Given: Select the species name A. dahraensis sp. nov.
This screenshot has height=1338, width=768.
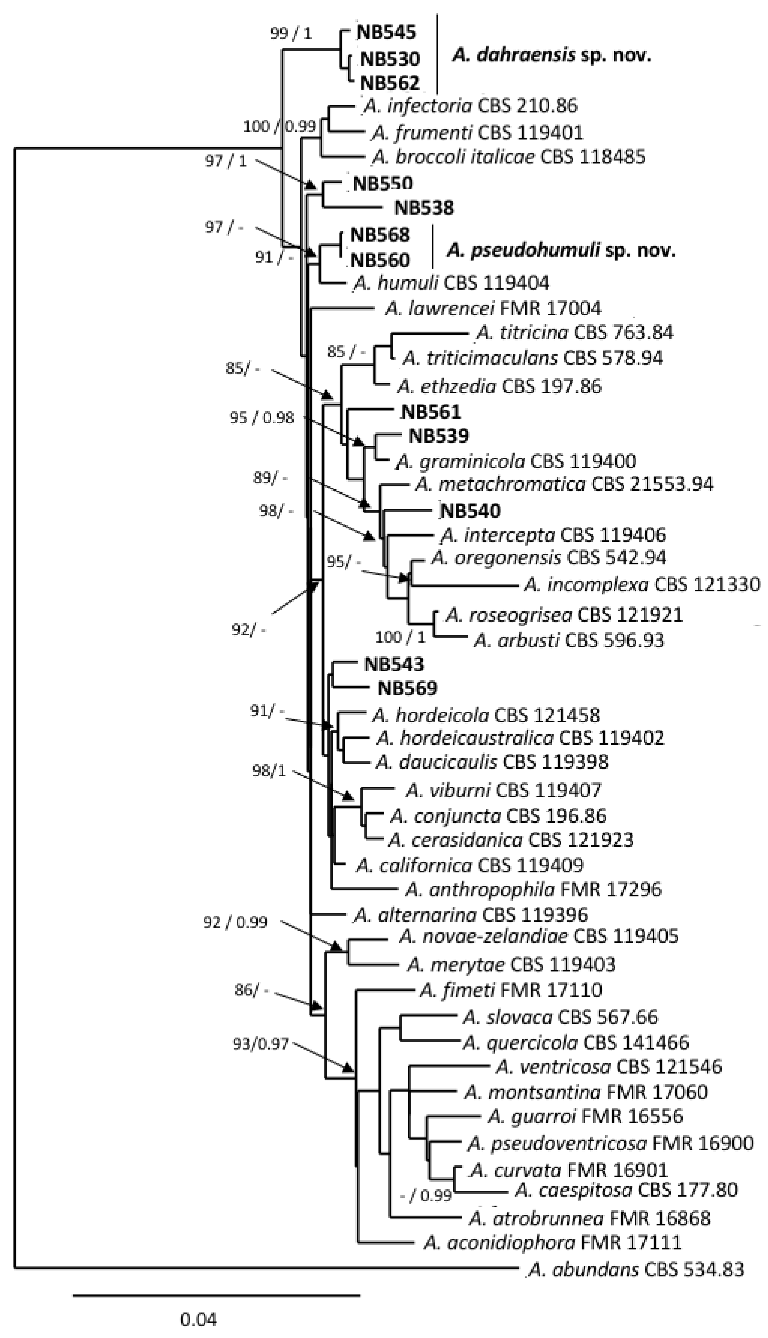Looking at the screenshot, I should [551, 55].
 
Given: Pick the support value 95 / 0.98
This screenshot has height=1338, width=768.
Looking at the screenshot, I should [262, 418].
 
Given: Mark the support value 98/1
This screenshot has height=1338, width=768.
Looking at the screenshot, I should [269, 771].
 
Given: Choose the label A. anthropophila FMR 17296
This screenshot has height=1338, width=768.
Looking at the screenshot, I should [533, 890].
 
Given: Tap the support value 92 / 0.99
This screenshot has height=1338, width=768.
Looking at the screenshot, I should [235, 922].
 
